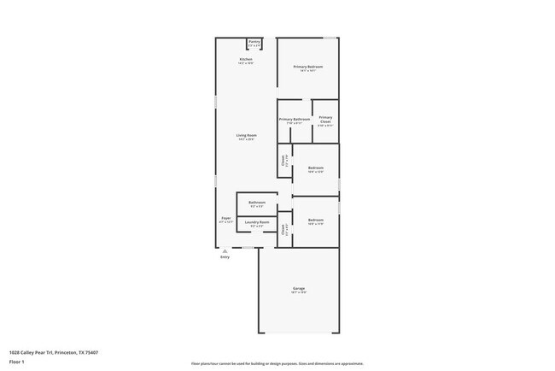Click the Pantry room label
tap(254, 41)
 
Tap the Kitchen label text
tap(246, 59)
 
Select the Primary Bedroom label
tap(308, 67)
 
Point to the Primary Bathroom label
tap(294, 119)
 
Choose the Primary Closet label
tap(325, 119)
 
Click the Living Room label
tap(246, 135)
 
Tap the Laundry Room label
tap(257, 222)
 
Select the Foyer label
tap(226, 218)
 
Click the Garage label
tap(299, 289)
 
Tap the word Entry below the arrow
tap(225, 256)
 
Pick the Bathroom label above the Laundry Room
tap(257, 203)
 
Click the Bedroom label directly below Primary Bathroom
tap(315, 168)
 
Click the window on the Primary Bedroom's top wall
tap(330, 38)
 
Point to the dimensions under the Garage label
tap(299, 293)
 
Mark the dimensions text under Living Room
tap(246, 139)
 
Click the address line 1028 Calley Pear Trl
tap(53, 352)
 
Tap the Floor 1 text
tap(17, 362)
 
